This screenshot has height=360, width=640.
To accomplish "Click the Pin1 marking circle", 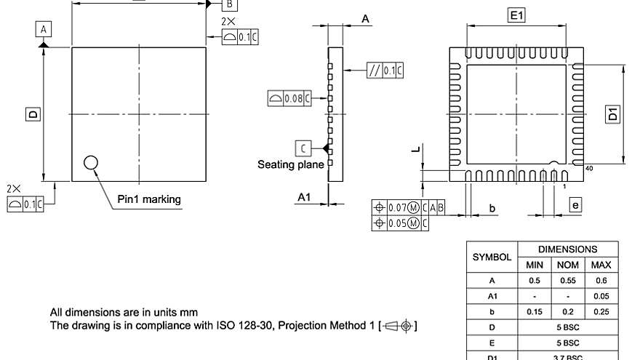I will [92, 162].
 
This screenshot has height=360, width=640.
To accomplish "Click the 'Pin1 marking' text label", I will [149, 199].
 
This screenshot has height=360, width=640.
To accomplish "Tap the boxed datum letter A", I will [44, 29].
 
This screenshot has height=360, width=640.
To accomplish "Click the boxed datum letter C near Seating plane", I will [303, 148].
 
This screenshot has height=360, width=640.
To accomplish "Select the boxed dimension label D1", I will [614, 114].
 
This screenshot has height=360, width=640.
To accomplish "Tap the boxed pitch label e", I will [575, 206].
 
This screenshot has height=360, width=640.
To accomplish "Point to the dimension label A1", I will [305, 197].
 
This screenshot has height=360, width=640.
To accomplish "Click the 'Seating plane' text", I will [290, 165].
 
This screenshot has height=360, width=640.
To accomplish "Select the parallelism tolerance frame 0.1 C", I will [385, 71].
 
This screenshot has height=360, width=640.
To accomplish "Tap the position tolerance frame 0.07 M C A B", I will [408, 208].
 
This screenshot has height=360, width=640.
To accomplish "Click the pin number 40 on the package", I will [588, 168].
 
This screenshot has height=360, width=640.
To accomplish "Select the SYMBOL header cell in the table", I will [491, 257].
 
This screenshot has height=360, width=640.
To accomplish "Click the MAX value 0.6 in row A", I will [601, 280].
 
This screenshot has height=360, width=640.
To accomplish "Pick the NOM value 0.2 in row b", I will [567, 311].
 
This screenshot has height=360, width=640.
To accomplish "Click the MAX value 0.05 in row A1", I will [601, 296].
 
